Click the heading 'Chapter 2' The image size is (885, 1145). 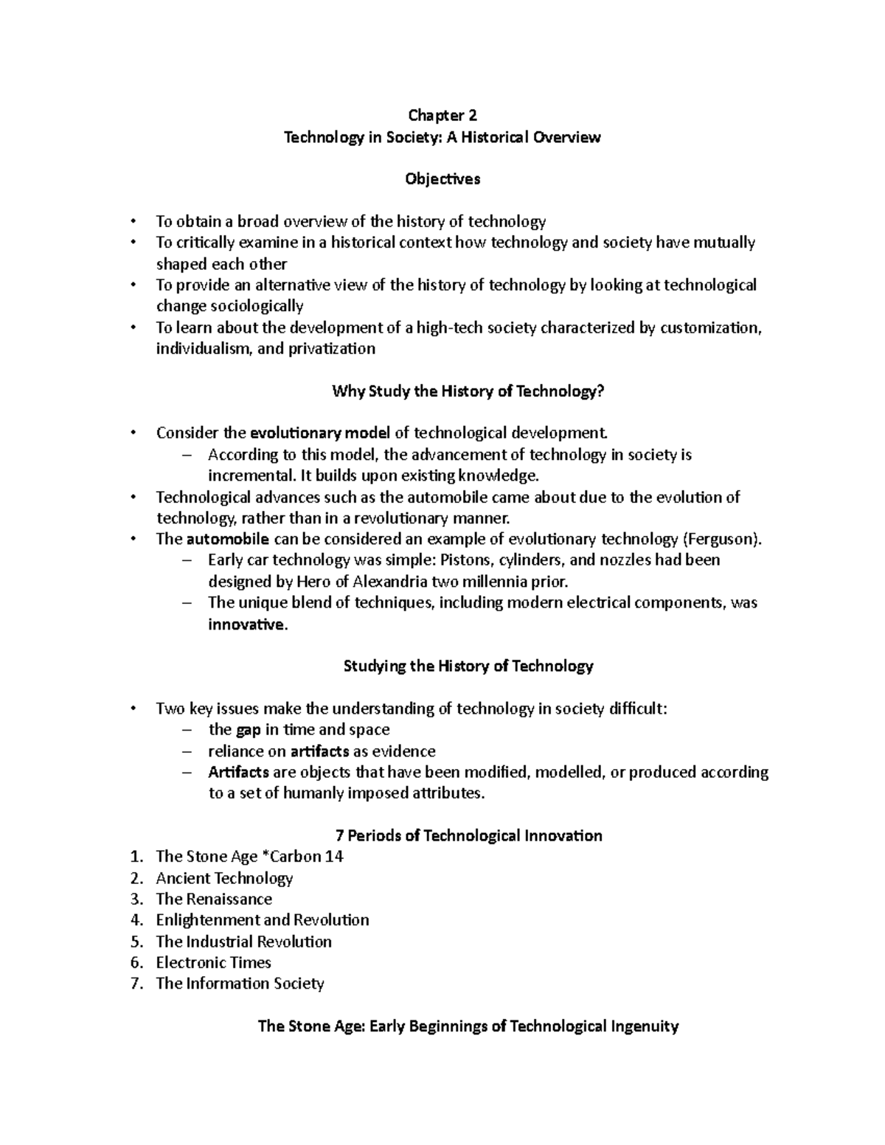click(442, 115)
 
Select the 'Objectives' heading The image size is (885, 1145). click(442, 179)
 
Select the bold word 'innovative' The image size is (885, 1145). click(246, 624)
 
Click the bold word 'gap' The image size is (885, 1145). click(248, 730)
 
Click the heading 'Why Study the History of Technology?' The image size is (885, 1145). click(468, 391)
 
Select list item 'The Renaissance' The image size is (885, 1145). click(214, 899)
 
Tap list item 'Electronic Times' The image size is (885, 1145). click(213, 963)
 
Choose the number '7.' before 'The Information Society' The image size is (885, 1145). click(136, 984)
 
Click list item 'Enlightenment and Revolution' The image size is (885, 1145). click(262, 920)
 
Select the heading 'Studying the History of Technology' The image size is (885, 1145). click(468, 667)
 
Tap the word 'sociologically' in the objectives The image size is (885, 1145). click(257, 306)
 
